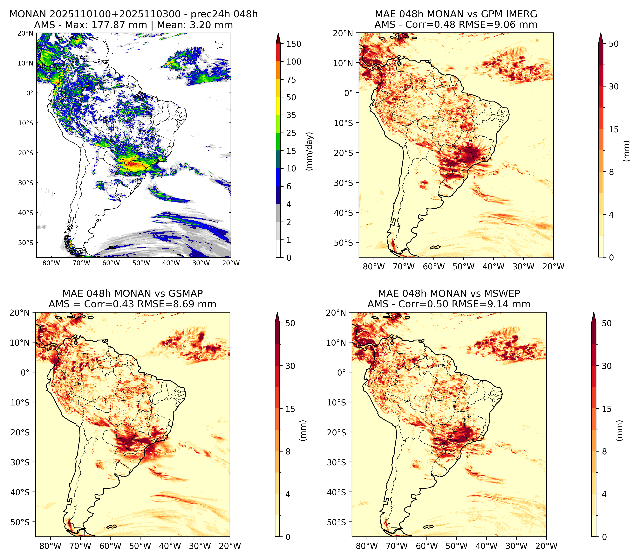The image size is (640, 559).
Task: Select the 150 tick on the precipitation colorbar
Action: [294, 44]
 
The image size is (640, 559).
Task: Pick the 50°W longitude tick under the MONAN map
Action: [141, 263]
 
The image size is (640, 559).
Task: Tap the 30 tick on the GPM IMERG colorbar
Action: [614, 86]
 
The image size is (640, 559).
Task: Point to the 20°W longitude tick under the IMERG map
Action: [554, 266]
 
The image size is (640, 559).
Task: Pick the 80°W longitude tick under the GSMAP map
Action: [51, 546]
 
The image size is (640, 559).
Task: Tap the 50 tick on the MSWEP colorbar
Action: [607, 323]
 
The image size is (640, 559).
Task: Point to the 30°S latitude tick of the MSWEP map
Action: [336, 462]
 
